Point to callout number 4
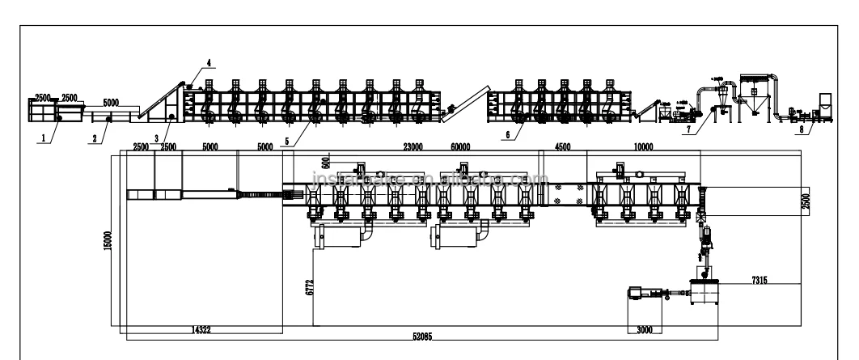pos(208,62)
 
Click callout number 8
pos(800,127)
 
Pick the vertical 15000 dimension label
pos(108,239)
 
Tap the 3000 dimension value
pos(644,330)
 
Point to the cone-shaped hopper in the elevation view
pos(758,101)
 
